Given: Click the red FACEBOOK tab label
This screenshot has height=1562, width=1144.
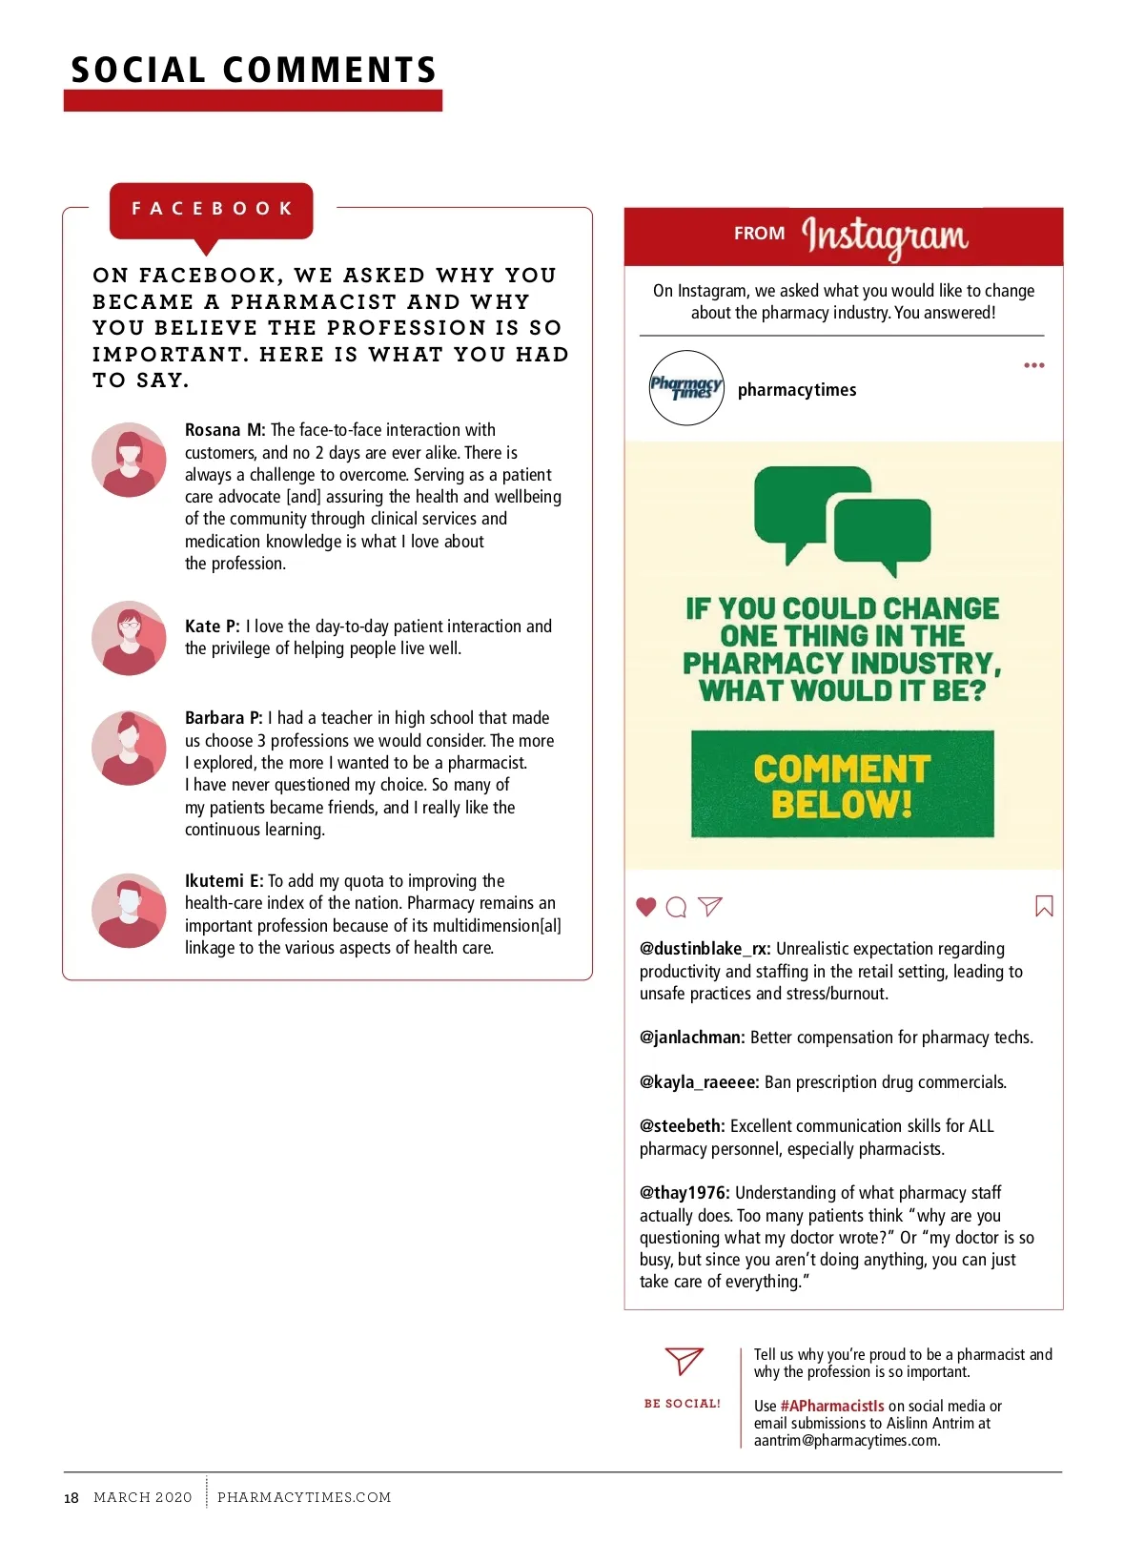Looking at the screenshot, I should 212,209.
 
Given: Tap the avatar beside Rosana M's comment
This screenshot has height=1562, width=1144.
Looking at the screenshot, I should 130,461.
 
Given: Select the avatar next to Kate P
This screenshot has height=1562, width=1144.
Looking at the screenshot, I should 130,638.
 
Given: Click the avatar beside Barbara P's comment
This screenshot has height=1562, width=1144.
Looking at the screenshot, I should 130,749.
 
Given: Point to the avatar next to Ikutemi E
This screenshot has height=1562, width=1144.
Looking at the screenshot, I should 130,911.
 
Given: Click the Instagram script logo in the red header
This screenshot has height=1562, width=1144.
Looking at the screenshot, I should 885,236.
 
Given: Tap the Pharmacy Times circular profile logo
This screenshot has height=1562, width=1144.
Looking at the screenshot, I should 686,388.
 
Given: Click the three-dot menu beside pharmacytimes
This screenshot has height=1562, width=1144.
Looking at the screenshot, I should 1034,365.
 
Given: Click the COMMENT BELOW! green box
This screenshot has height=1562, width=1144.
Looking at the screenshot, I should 843,785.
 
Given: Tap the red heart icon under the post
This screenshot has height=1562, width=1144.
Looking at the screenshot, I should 646,907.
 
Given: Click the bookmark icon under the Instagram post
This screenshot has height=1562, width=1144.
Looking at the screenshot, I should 1044,906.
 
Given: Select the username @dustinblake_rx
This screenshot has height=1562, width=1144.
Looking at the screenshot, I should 705,949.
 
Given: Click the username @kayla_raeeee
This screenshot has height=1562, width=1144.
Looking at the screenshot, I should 699,1082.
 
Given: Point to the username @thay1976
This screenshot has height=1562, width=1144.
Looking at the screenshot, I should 684,1193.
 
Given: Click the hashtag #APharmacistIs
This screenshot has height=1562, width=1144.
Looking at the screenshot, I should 832,1407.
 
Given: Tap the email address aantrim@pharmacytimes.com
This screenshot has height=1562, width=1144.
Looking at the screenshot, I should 847,1441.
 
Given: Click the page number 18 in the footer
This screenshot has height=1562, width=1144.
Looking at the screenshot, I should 71,1498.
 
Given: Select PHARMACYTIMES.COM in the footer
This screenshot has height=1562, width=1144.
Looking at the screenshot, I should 304,1497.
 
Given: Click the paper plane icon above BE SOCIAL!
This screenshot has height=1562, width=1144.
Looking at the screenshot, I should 684,1361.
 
